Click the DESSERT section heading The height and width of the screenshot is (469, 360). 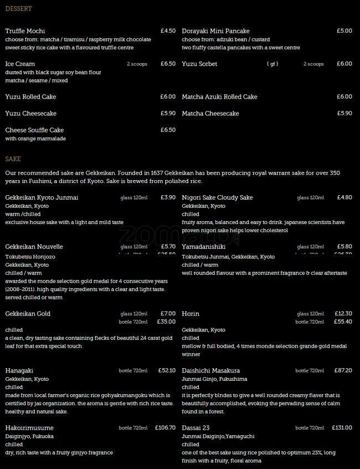coord(18,9)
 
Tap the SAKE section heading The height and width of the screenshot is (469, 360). coord(13,159)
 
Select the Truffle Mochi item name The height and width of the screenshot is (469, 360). coord(25,31)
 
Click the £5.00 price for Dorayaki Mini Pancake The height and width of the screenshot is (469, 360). coord(344,31)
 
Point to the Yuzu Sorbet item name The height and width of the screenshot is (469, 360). coord(199,64)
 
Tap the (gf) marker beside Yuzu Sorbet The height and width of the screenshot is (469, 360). coord(272,64)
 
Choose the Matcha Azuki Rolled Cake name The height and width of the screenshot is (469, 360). coord(219,97)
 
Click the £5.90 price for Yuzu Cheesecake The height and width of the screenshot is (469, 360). coord(168,114)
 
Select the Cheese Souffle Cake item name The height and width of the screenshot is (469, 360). coord(34,130)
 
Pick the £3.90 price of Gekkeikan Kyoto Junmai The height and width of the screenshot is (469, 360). coord(168,197)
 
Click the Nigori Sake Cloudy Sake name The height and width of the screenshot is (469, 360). coord(217,198)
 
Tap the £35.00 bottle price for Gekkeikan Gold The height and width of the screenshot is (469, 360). coord(166,322)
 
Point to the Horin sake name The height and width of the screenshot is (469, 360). coord(191,314)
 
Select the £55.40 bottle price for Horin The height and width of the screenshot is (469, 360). coord(343,322)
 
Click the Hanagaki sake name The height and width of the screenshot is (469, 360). coord(20,371)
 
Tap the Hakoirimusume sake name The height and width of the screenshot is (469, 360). coord(29,428)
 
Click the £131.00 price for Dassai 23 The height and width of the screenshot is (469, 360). coord(342,428)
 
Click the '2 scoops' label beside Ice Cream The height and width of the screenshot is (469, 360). coord(137,64)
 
